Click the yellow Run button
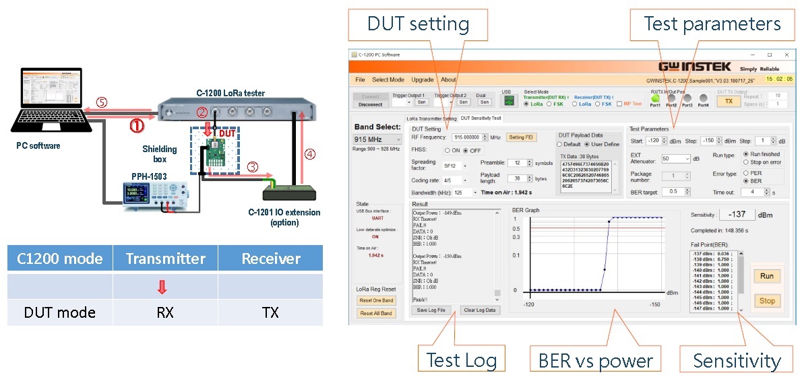[x=767, y=276]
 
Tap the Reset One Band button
[x=377, y=300]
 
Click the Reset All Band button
[x=377, y=314]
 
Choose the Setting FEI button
[x=520, y=137]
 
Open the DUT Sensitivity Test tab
[x=481, y=118]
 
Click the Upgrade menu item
[x=423, y=79]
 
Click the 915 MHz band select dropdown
[x=376, y=140]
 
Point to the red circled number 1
[x=136, y=125]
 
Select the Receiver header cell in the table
[x=270, y=259]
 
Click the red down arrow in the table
[x=164, y=287]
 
